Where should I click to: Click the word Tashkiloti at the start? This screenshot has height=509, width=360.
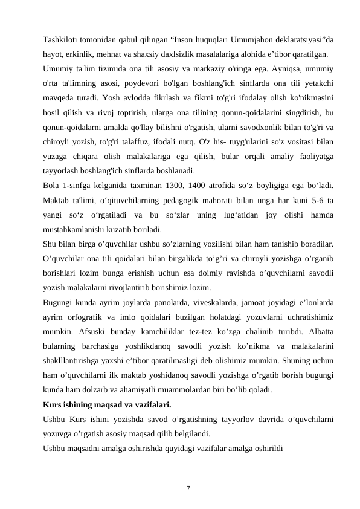point(62,40)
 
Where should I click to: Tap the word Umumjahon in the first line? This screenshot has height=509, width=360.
point(242,40)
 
